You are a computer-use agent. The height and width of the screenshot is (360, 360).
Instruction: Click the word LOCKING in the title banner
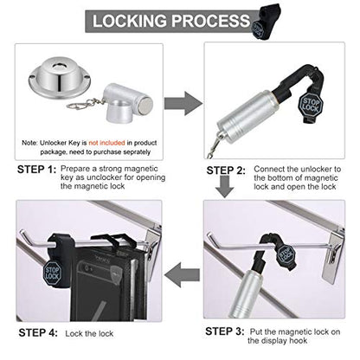131,21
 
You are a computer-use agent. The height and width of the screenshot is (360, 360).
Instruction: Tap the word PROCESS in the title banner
211,21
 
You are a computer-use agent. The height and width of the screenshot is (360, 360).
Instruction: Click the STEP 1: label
36,170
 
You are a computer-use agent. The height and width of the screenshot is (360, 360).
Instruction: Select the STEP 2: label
226,170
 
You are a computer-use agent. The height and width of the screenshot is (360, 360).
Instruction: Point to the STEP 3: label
225,331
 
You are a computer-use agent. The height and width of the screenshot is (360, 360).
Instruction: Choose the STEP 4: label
38,332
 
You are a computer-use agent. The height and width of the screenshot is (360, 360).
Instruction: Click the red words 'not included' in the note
106,143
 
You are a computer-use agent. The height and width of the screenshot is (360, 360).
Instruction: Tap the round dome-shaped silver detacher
60,78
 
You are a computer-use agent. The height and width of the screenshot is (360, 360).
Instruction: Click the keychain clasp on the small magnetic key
79,105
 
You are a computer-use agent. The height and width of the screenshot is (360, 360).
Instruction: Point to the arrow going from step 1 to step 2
183,104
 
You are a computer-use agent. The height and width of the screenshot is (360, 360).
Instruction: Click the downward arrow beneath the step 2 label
225,186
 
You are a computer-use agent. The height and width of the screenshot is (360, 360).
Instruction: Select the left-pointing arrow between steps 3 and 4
182,274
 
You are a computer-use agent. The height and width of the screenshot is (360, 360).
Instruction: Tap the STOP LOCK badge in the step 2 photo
311,105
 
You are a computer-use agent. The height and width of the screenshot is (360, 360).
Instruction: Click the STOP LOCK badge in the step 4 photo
53,273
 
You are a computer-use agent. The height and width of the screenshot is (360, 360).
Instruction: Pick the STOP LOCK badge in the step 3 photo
286,254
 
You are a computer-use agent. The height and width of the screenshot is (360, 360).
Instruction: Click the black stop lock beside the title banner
265,22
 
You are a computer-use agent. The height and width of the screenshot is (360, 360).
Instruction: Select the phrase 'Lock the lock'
89,334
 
